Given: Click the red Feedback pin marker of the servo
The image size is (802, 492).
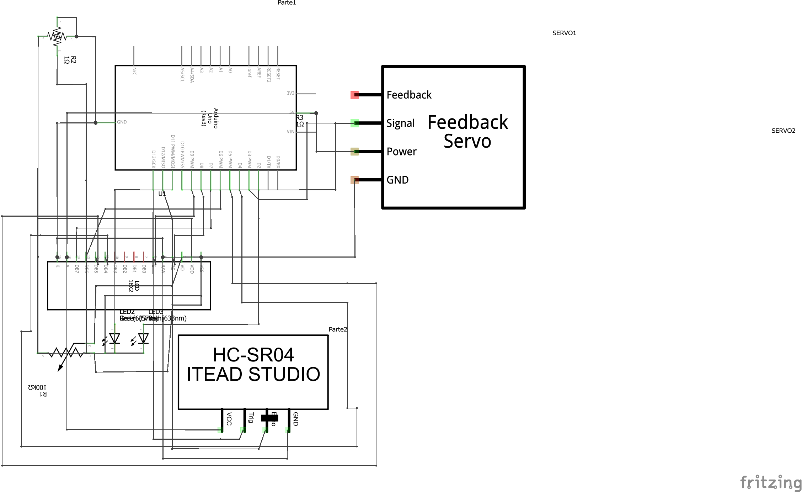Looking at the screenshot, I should point(354,95).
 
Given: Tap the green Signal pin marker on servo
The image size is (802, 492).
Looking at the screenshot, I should point(354,123).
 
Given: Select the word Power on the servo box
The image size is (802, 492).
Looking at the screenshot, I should point(401,152).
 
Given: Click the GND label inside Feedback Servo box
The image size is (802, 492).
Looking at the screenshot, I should point(397,180).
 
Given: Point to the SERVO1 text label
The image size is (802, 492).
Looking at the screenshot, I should point(564,33).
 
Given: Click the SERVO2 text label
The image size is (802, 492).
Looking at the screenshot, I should point(783,131).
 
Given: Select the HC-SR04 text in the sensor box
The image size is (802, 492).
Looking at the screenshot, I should point(253,355).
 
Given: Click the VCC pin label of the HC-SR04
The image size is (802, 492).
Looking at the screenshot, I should point(229,419).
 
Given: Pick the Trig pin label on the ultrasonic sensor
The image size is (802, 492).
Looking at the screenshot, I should point(251,417).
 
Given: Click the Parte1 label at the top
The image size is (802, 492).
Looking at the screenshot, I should point(287,2).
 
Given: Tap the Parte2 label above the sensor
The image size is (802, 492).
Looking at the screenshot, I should point(337,329).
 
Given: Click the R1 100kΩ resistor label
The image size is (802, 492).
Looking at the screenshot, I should point(38,390).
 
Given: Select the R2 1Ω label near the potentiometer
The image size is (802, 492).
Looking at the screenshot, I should point(70,60).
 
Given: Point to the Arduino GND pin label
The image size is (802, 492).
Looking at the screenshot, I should point(122,122).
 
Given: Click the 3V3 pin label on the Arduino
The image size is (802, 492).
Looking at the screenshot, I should point(290,93).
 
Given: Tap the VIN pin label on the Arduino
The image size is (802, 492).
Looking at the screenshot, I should point(290,132).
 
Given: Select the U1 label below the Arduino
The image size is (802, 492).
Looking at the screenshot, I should point(162,194).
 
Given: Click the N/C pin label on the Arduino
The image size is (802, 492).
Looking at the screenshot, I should point(134,71).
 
